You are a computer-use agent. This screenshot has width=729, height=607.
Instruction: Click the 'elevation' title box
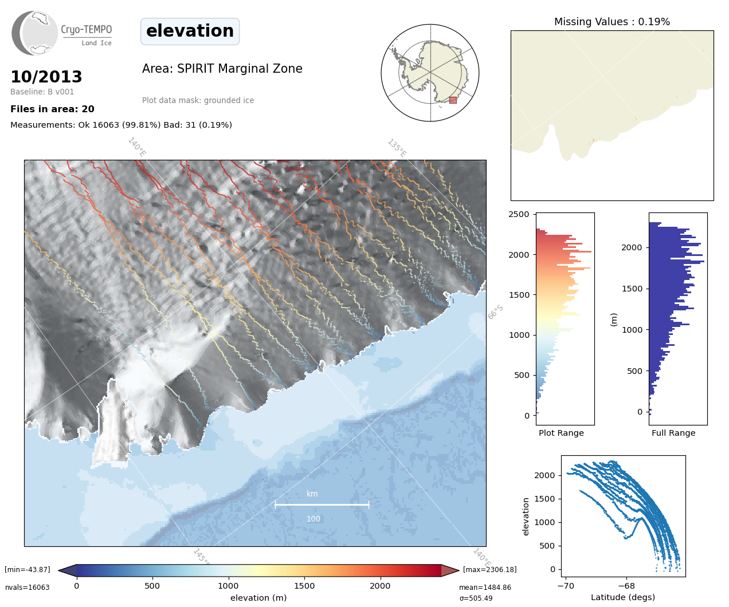coord(190,31)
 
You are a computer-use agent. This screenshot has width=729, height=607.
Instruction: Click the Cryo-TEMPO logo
coord(62,33)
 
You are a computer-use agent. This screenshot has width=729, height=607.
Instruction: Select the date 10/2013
coord(46,77)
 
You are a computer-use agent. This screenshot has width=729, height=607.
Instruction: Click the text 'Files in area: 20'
coord(52,109)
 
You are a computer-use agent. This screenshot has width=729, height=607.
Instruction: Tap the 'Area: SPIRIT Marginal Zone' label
coord(222,69)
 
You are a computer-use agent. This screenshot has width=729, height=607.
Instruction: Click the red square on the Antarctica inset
coord(453,100)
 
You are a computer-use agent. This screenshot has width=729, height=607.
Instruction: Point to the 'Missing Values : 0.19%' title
coord(612,22)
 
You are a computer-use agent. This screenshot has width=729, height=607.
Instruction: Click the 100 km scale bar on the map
coord(322,504)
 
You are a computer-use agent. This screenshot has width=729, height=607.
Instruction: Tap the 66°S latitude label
coord(495,312)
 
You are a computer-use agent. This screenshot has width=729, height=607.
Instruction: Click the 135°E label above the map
coord(397,148)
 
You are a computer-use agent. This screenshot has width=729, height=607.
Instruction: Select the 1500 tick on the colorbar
coord(304,586)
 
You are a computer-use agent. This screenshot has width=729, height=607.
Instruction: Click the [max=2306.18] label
coord(489,570)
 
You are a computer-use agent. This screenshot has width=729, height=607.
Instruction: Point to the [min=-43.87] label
coord(28,570)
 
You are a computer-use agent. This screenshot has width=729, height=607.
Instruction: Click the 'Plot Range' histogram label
coord(561,433)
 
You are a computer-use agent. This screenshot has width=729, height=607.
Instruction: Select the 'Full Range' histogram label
coord(673,433)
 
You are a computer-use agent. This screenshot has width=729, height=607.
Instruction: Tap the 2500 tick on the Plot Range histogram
coord(519,214)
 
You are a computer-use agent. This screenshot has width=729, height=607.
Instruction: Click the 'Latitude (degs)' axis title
coord(623,597)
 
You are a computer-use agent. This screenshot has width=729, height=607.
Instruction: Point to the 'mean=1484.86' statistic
coord(485,588)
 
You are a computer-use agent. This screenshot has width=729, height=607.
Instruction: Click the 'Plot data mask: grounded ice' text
coord(198,100)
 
